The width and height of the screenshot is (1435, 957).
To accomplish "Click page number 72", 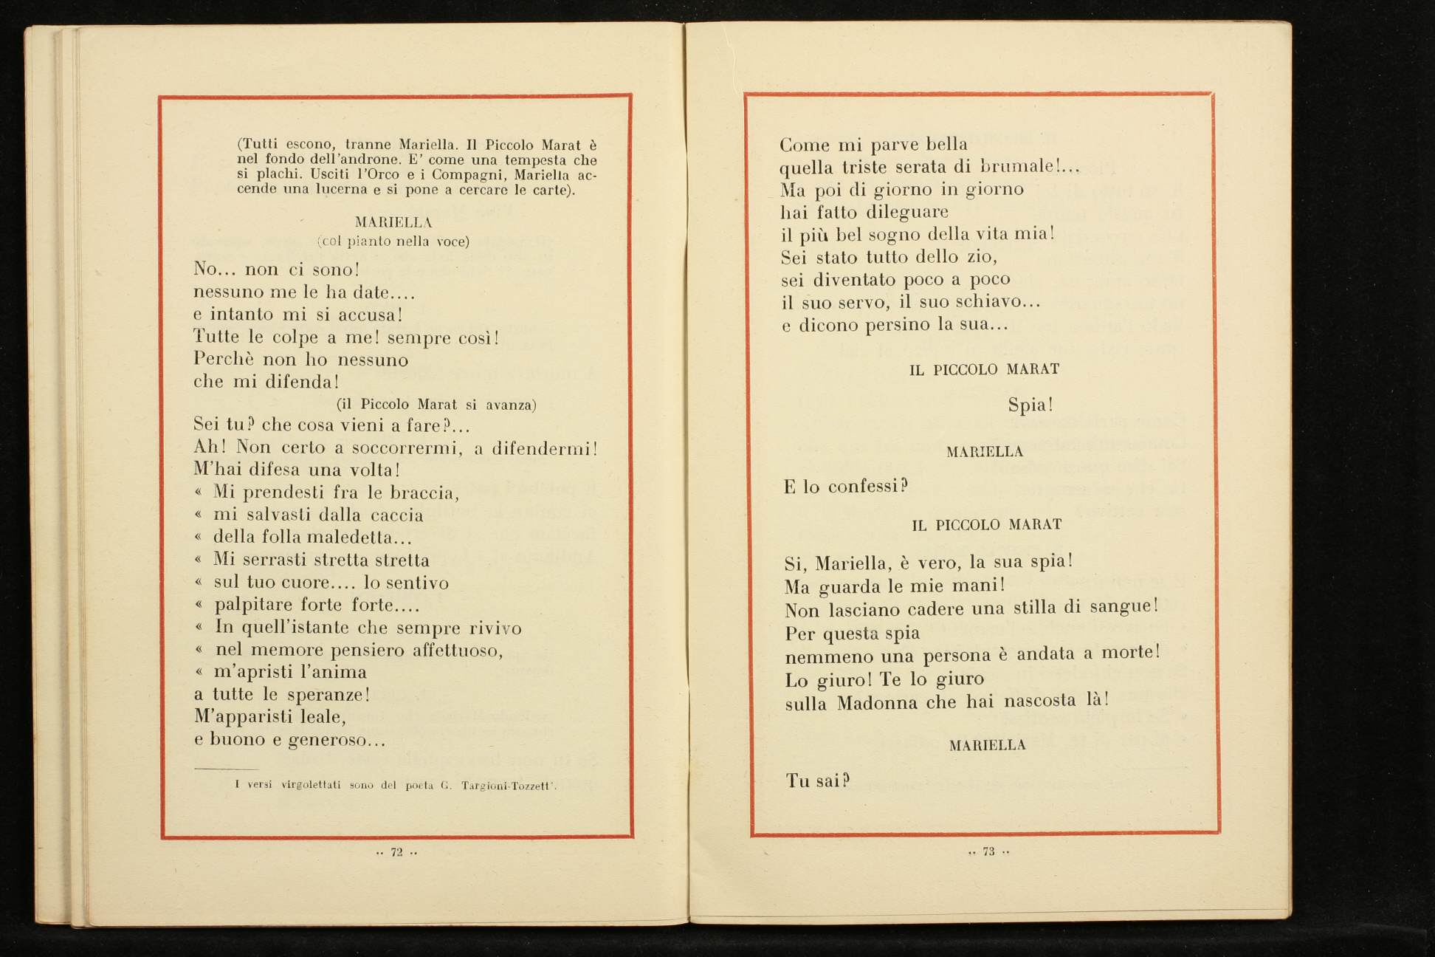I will (x=396, y=852).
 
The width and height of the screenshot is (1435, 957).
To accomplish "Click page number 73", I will (x=988, y=851).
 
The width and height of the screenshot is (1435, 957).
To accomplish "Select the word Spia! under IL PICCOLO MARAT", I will (x=1030, y=405).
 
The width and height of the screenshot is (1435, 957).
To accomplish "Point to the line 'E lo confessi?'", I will (x=846, y=486).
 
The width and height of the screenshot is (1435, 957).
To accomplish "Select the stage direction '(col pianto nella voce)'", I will (x=393, y=241).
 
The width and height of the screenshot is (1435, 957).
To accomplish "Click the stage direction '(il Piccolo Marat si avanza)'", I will (x=436, y=405).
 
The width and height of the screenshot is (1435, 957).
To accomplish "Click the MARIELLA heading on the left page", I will (x=393, y=222).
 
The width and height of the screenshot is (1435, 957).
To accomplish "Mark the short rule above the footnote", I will (x=227, y=769).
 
